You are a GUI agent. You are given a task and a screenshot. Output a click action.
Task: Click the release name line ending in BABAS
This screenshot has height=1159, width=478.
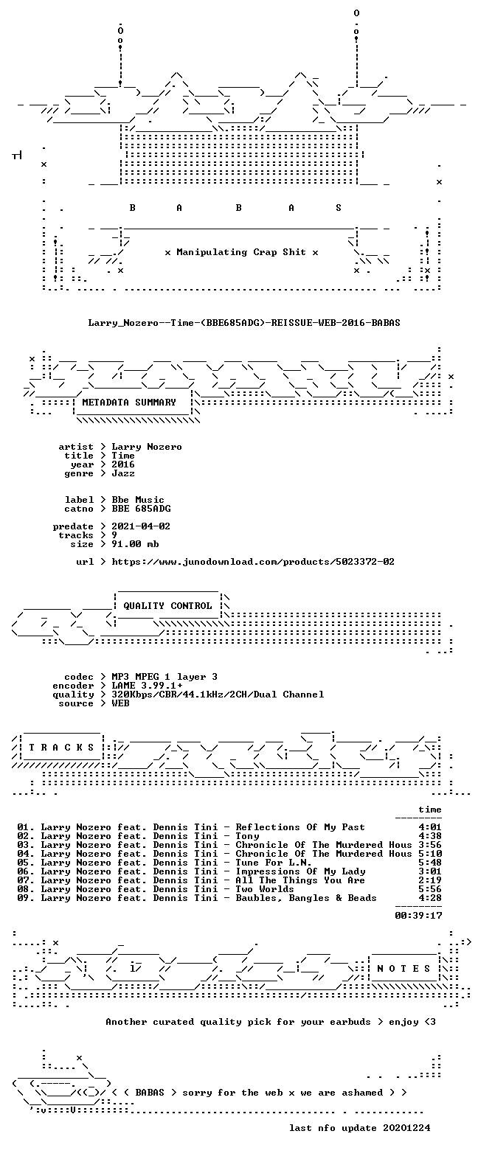244,323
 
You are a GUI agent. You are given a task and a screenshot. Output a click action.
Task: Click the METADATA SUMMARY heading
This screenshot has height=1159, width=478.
129,402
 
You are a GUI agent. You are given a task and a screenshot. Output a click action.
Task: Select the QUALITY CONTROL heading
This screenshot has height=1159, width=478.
167,606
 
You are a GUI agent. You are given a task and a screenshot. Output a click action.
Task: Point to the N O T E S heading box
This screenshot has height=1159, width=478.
404,969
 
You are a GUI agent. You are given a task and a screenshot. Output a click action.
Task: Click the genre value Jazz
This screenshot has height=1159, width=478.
123,473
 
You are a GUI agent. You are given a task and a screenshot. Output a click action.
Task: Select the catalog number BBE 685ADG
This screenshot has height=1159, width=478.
142,509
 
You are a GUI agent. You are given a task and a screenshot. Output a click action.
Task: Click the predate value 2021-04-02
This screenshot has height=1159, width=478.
141,526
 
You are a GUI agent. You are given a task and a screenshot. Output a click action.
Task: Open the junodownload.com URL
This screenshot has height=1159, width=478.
253,562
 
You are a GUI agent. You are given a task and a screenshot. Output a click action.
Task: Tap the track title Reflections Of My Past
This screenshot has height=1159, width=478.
300,827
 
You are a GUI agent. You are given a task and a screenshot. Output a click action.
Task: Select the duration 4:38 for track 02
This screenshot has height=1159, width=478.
430,836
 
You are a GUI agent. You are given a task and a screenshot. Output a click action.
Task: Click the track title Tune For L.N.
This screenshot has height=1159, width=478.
273,863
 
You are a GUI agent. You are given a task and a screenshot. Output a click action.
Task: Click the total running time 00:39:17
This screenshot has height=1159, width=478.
418,915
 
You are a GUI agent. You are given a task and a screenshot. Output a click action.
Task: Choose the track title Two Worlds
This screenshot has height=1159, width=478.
265,889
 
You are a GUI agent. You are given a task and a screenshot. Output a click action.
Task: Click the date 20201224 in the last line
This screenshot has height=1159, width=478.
406,1128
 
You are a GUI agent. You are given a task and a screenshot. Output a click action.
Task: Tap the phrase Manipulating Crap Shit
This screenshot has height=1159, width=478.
240,252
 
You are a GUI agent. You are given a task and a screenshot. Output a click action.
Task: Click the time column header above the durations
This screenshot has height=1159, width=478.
430,810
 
